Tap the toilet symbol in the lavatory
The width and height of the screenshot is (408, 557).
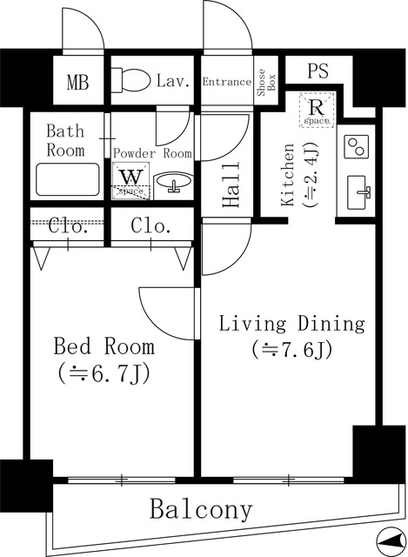132,82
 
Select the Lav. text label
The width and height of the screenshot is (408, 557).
174,82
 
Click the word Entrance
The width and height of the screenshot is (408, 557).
227,82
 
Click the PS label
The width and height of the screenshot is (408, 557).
317,71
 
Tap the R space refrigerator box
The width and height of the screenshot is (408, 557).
317,110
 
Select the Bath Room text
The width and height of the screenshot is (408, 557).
65,140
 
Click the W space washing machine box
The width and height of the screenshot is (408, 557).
130,180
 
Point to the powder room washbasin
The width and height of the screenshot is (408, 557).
173,183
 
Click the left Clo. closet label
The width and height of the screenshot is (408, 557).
67,227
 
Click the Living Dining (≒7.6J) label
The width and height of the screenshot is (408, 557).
291,336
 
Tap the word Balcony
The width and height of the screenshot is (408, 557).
200,509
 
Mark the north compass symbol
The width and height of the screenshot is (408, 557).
391,539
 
